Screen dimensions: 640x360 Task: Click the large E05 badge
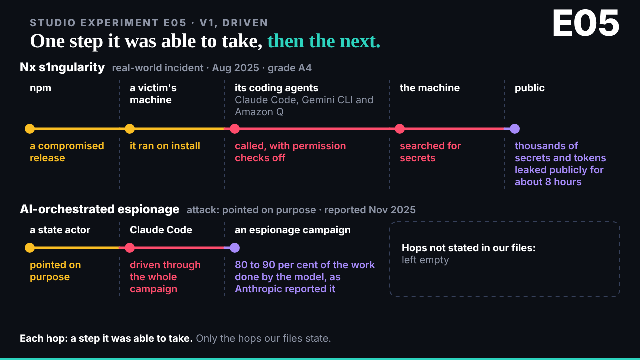[x=586, y=23]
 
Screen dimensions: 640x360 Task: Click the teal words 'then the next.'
[x=324, y=41]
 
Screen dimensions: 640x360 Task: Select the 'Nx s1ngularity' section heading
[x=62, y=67]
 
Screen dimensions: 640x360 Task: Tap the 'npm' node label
[x=40, y=88]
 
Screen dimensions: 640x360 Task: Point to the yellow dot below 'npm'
[x=30, y=129]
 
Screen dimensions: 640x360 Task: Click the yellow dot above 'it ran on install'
[x=130, y=129]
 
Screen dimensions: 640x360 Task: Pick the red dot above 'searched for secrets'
[x=400, y=129]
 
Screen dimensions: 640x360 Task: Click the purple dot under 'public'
[x=515, y=129]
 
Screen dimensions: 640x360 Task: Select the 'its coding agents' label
[x=276, y=88]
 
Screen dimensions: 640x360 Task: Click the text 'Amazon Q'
[x=259, y=112]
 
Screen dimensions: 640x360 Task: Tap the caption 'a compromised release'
[x=67, y=152]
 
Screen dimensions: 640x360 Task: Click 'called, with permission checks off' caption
[x=290, y=152]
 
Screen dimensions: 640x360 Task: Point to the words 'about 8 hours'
[x=548, y=182]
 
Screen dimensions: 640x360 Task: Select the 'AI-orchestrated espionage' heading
[x=99, y=209]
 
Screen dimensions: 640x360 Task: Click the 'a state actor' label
[x=60, y=230]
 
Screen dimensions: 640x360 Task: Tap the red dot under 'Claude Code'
[x=130, y=248]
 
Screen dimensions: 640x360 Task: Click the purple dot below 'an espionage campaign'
[x=235, y=248]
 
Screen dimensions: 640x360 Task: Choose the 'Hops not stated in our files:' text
[x=469, y=248]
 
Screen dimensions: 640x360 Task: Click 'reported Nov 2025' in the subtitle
[x=370, y=210]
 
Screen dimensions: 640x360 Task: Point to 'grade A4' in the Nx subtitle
[x=290, y=68]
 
